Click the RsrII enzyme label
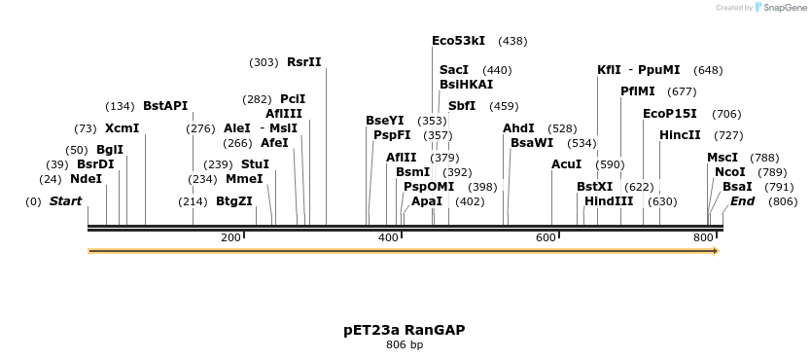click(x=303, y=62)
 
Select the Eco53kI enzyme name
click(x=458, y=41)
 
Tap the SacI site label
click(x=454, y=70)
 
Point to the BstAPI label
click(x=165, y=106)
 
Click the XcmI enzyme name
click(x=123, y=128)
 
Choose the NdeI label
click(x=86, y=179)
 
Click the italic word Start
click(x=65, y=201)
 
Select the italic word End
click(x=742, y=201)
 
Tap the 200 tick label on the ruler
click(x=230, y=238)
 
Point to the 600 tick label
click(x=546, y=238)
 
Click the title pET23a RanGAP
click(x=404, y=330)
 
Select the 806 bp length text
click(x=404, y=345)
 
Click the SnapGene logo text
click(x=786, y=8)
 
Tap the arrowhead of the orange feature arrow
click(x=716, y=251)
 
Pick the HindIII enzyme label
click(x=609, y=201)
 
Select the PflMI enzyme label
click(x=638, y=91)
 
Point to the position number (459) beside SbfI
click(x=504, y=106)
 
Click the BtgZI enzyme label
click(x=234, y=201)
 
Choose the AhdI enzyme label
click(x=518, y=128)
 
